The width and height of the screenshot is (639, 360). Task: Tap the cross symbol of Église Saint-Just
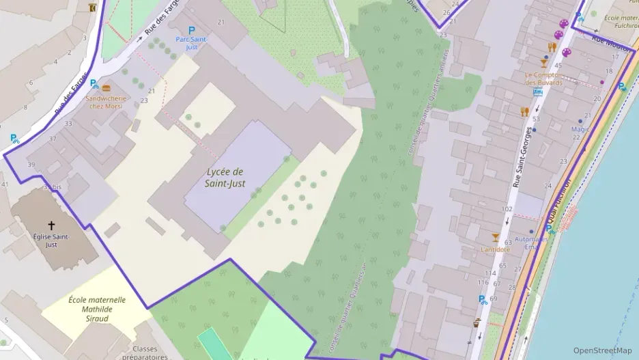(x=51, y=225)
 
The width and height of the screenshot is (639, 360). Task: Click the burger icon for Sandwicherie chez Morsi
(x=106, y=88)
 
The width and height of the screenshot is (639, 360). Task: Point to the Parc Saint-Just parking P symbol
(x=191, y=30)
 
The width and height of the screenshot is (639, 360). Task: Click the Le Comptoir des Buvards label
(x=543, y=79)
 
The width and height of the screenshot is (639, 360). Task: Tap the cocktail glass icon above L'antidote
(x=496, y=237)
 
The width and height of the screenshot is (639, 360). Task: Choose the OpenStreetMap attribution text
(x=603, y=350)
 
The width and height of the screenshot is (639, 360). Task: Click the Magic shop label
(x=580, y=129)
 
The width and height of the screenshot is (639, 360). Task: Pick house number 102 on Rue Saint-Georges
(x=507, y=208)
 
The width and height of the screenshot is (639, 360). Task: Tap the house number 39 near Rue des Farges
(x=31, y=165)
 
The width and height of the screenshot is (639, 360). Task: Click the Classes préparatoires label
(x=145, y=352)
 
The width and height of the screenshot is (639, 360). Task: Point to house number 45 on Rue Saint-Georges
(x=558, y=66)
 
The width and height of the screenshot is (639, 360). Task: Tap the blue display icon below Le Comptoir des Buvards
(x=538, y=92)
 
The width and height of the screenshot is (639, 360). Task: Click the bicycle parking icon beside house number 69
(x=483, y=299)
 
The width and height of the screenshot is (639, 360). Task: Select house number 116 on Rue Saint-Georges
(x=483, y=282)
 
